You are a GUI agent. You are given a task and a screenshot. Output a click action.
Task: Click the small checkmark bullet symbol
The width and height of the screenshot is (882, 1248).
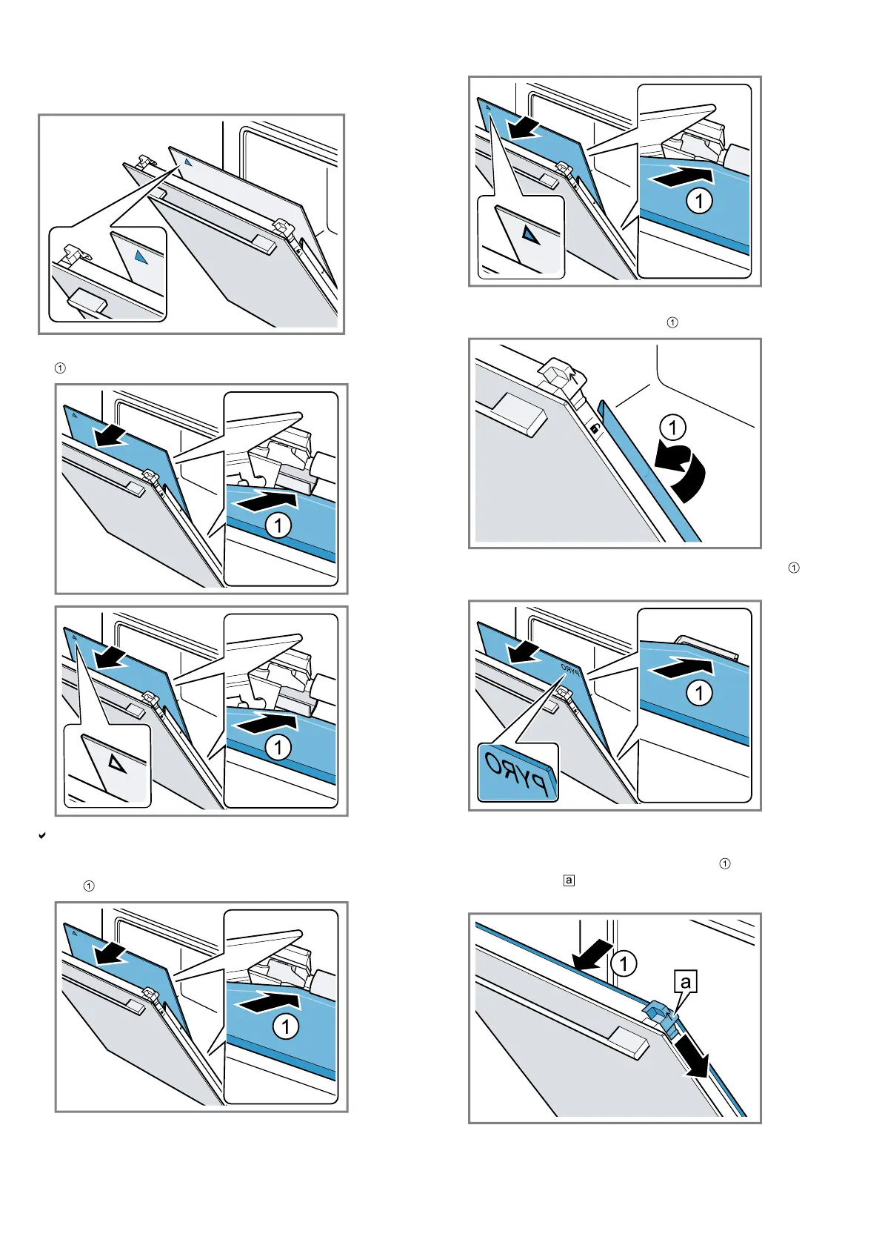(42, 836)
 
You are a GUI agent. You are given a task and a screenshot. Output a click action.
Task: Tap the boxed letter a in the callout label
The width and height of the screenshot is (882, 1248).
(686, 983)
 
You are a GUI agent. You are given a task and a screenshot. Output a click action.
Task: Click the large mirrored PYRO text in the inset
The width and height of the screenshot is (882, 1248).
(517, 772)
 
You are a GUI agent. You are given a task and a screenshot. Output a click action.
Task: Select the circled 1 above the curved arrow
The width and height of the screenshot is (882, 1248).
(672, 428)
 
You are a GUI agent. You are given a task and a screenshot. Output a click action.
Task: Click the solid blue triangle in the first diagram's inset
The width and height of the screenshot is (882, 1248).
(141, 257)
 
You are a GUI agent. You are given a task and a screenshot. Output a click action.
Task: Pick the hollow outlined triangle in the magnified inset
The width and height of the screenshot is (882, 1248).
(116, 762)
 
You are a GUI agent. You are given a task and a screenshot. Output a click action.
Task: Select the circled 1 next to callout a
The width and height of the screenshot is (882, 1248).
(624, 963)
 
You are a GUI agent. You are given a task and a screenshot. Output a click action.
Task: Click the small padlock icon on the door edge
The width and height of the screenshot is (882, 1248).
(594, 428)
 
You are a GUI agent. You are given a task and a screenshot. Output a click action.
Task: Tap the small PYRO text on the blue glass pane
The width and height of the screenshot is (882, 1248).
(571, 669)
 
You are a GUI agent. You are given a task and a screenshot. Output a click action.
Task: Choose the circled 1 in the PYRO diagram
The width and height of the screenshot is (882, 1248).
(699, 693)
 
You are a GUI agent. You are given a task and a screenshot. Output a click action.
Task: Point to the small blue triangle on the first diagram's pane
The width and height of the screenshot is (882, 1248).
(188, 162)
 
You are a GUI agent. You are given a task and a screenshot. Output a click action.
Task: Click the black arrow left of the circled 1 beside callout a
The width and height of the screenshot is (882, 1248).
(593, 955)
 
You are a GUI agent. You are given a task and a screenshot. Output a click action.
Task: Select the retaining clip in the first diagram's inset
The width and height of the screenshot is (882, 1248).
(75, 253)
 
